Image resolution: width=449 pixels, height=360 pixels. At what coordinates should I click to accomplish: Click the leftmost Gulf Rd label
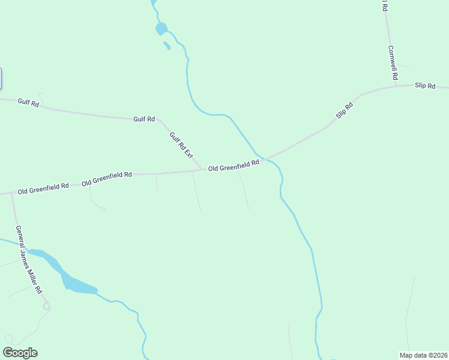[28, 103]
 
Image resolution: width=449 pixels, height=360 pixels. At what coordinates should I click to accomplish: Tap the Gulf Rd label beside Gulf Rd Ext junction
[144, 119]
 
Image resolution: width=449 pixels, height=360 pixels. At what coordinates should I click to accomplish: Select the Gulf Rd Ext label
[181, 145]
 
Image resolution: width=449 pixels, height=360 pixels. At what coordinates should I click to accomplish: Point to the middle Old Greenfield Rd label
[107, 178]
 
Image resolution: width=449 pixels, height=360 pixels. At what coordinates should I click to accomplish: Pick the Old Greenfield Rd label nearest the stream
[234, 166]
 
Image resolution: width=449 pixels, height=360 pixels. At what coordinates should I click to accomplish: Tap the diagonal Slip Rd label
[345, 110]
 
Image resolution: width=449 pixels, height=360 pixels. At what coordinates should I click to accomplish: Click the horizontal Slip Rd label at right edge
[424, 86]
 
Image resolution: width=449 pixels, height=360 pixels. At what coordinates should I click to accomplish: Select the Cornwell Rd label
[393, 64]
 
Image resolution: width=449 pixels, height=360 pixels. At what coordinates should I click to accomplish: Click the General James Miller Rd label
[29, 259]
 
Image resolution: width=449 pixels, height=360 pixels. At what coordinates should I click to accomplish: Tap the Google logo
[20, 353]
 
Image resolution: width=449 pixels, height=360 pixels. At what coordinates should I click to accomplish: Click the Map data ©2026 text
[423, 355]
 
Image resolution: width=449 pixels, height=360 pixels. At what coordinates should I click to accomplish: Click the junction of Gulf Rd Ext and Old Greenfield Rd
[202, 169]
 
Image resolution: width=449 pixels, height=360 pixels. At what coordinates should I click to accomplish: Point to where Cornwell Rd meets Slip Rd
[396, 86]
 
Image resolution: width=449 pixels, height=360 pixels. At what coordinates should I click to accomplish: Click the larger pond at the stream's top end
[161, 28]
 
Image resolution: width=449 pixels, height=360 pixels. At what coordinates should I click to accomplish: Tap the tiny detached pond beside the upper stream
[166, 45]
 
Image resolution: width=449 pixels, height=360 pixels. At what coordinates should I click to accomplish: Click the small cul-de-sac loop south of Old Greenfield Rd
[103, 209]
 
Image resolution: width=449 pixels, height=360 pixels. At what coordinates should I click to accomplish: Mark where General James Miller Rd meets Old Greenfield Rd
[11, 193]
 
